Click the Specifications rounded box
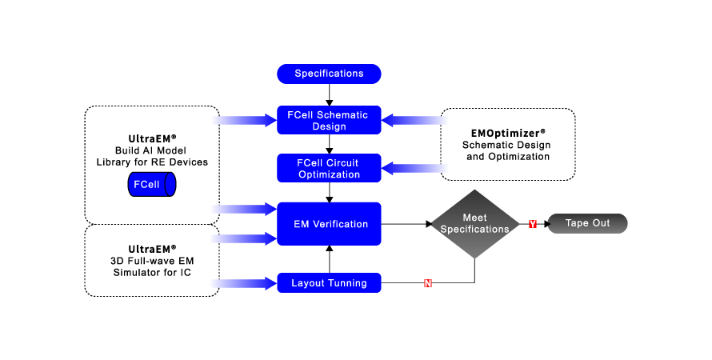coord(329,74)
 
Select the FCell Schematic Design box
coord(329,120)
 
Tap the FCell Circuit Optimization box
coord(329,168)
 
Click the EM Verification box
coord(329,224)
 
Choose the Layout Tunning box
coord(329,283)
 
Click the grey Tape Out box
coord(588,224)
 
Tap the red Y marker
coord(532,224)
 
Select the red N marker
coord(427,283)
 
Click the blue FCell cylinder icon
coord(152,185)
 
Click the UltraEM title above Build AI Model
coord(151,138)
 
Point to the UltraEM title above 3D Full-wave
coord(151,249)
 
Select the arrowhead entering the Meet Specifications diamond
coord(427,224)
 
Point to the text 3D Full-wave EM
coord(151,262)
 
